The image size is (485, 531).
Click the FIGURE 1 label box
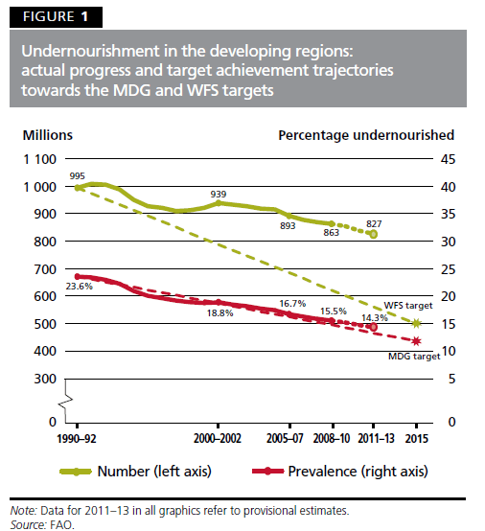[52, 17]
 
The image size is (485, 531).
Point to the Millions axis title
[48, 135]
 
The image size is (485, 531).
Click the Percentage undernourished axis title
[365, 135]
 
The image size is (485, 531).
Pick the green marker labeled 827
[373, 234]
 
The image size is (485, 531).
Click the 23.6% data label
[79, 286]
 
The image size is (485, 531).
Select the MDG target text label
[414, 356]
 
